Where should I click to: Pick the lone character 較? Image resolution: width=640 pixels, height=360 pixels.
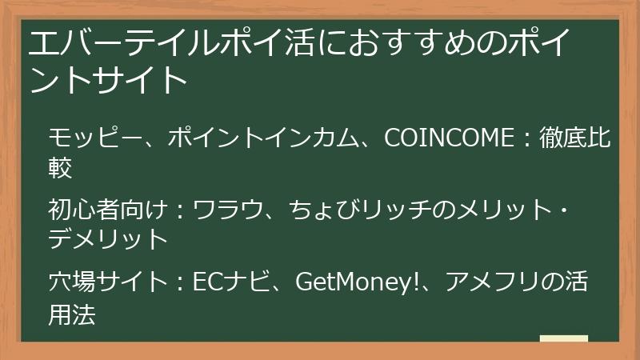[x=61, y=167]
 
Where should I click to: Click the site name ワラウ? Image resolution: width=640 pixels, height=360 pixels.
[x=228, y=211]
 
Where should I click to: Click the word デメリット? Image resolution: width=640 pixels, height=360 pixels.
[x=108, y=239]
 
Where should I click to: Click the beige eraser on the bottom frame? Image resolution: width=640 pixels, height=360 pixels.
[x=563, y=340]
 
